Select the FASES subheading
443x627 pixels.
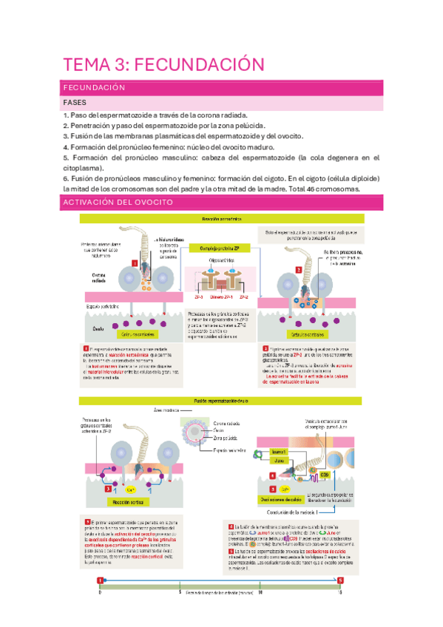pyautogui.click(x=75, y=104)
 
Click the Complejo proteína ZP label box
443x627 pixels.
pyautogui.click(x=219, y=249)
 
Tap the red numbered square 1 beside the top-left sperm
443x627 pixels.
pyautogui.click(x=135, y=262)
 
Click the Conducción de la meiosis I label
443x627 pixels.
pyautogui.click(x=292, y=512)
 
